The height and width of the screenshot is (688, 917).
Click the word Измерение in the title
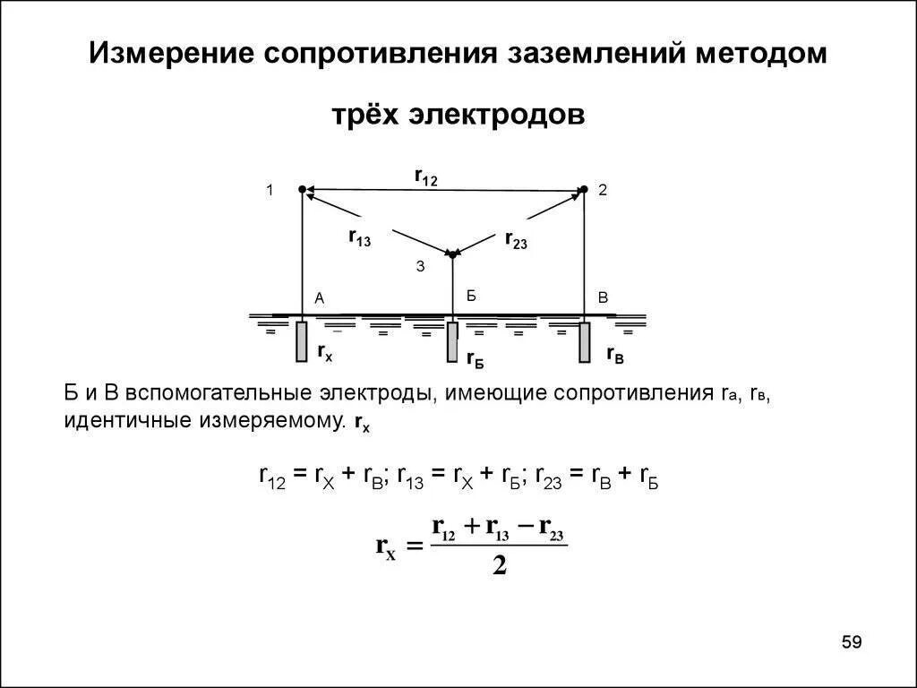(167, 53)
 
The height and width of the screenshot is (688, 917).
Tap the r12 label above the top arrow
(425, 177)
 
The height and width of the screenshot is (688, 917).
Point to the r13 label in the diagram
(359, 237)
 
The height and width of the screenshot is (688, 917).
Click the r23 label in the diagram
(516, 239)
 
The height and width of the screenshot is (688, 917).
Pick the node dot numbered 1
(302, 189)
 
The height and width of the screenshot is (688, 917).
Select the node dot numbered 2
(583, 189)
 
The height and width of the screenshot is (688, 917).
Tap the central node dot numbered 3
(452, 254)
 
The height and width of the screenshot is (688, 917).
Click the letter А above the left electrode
(319, 298)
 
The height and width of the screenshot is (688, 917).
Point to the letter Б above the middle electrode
(471, 296)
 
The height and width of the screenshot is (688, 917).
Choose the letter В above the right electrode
(603, 298)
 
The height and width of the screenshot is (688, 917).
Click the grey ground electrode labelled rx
(302, 341)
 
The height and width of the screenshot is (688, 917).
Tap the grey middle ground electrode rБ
(452, 342)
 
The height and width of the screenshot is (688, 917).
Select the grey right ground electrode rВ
(584, 342)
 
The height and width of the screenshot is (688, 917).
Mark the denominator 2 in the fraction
(499, 566)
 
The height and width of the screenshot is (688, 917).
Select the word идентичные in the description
(116, 421)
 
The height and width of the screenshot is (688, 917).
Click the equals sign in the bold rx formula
(413, 546)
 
